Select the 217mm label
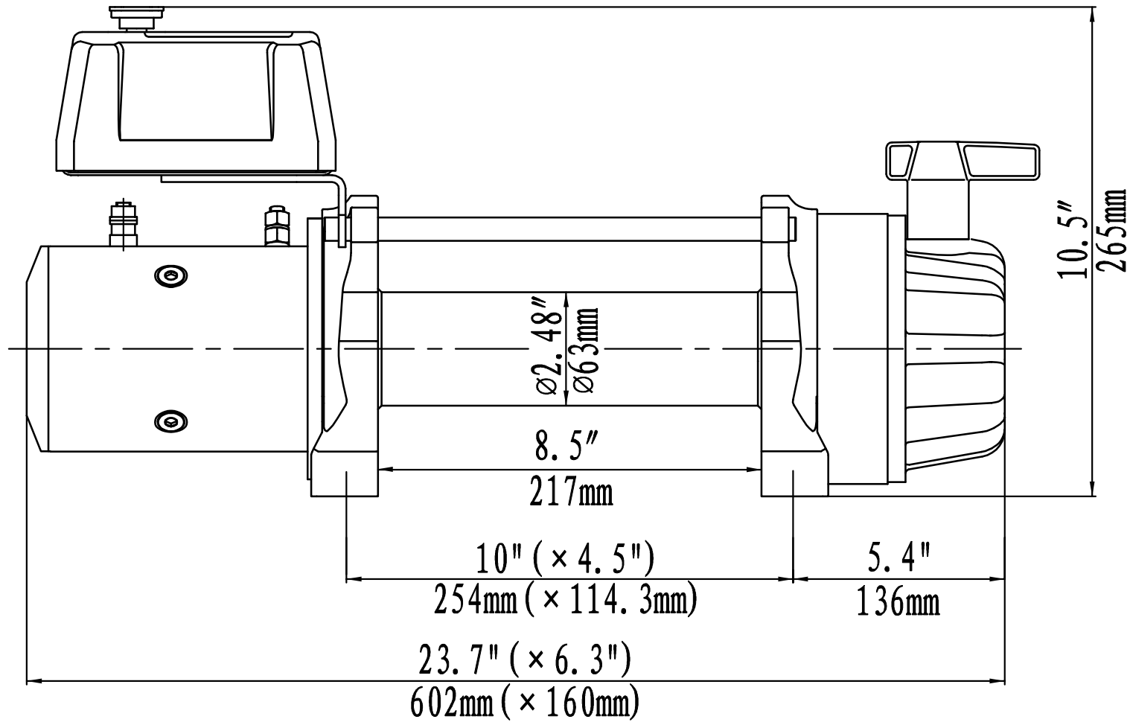pyautogui.click(x=571, y=492)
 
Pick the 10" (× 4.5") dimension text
pyautogui.click(x=565, y=559)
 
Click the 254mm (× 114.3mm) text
pyautogui.click(x=565, y=600)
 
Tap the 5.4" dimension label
pyautogui.click(x=899, y=557)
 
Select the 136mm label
pyautogui.click(x=898, y=601)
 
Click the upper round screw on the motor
pyautogui.click(x=171, y=276)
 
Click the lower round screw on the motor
pyautogui.click(x=171, y=421)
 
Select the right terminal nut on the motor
pyautogui.click(x=275, y=227)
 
